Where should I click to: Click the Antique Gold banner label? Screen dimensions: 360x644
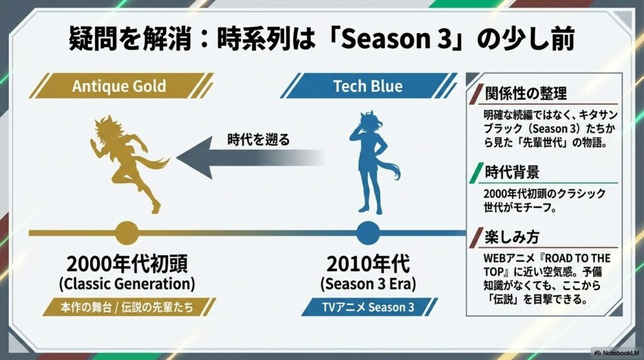119,86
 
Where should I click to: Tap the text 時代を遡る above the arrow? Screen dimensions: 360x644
258,139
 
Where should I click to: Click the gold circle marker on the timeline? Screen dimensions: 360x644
126,232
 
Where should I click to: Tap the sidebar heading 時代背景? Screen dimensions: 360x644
511,172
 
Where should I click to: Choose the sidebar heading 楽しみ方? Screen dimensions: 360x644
511,237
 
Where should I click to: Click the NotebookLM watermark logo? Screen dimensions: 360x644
616,352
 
